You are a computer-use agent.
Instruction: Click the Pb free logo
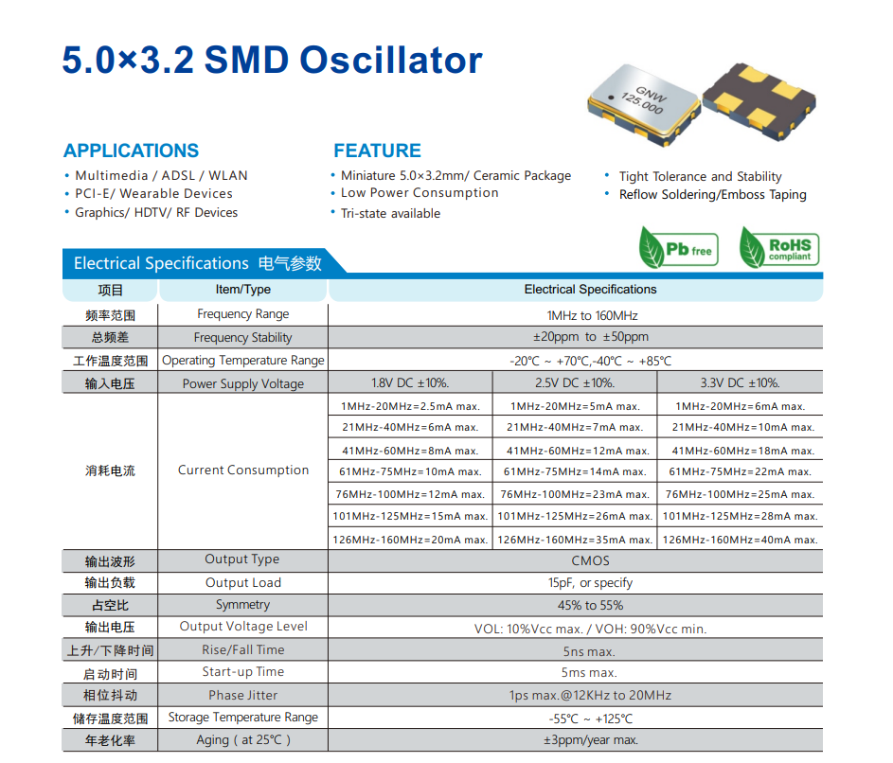tap(679, 248)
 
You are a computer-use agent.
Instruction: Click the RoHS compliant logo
tap(778, 248)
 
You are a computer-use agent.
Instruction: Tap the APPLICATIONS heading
tap(131, 151)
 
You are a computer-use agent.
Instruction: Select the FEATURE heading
tap(377, 151)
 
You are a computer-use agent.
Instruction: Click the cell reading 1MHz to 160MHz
tap(592, 315)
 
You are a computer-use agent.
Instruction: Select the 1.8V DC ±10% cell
tap(410, 383)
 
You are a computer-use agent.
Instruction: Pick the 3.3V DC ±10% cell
tap(740, 383)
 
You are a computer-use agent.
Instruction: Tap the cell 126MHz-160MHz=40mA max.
tap(740, 540)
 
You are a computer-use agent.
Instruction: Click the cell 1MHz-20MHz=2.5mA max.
tap(410, 406)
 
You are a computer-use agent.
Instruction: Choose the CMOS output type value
tap(590, 560)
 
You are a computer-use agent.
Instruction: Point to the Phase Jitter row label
tap(243, 695)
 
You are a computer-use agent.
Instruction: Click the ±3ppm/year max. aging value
tap(590, 740)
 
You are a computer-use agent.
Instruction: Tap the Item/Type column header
tap(243, 290)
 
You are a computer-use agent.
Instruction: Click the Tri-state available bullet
tap(390, 213)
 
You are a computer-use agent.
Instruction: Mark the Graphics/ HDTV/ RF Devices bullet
tap(156, 213)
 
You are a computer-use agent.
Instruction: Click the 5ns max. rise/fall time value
tap(590, 651)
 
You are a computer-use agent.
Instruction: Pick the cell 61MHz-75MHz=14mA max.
tap(575, 471)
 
